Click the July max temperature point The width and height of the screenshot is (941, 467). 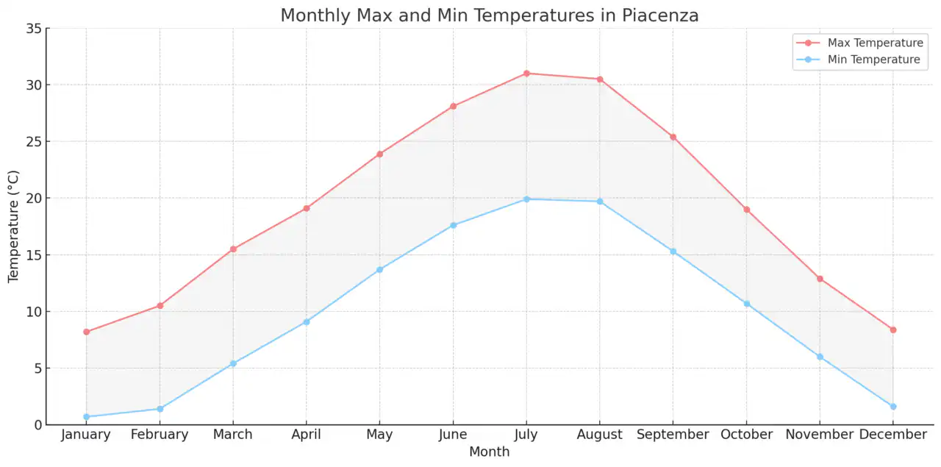click(x=526, y=74)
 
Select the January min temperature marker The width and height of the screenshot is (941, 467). click(x=86, y=417)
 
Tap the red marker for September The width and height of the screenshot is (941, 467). click(x=673, y=137)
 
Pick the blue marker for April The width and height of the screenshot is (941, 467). click(x=307, y=322)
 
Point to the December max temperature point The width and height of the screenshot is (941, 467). click(x=893, y=330)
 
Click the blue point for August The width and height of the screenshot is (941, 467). click(x=600, y=202)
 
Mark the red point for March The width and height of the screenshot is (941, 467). click(x=233, y=249)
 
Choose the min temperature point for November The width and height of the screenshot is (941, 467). click(x=820, y=357)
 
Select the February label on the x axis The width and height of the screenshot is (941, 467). click(x=160, y=435)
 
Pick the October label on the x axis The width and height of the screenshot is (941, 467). click(x=746, y=435)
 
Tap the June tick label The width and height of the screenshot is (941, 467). click(x=453, y=435)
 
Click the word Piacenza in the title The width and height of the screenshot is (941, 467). click(x=659, y=15)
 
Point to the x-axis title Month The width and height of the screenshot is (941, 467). click(x=490, y=452)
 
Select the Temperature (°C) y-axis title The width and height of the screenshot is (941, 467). click(x=14, y=227)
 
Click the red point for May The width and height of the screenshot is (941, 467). click(x=379, y=154)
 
